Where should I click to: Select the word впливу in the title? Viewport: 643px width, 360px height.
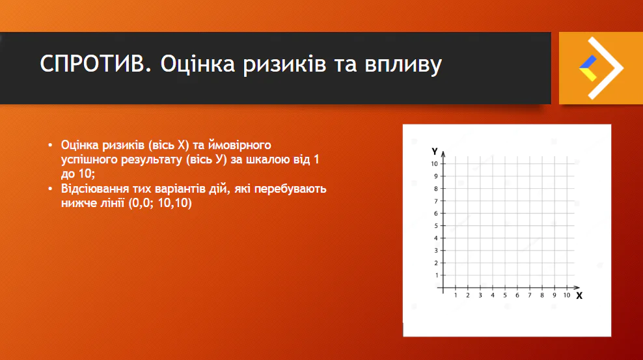click(400, 65)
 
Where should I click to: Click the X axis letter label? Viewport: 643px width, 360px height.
click(579, 296)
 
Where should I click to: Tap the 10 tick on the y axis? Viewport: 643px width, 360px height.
click(433, 163)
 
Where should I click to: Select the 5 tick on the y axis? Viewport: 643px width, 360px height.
click(435, 225)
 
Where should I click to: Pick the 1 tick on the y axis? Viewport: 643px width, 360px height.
click(435, 275)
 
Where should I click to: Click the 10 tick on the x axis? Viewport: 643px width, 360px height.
click(567, 296)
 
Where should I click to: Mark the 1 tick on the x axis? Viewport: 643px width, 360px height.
click(455, 296)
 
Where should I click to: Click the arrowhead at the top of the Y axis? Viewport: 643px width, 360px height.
click(443, 154)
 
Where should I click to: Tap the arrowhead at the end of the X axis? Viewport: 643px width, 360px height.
click(577, 287)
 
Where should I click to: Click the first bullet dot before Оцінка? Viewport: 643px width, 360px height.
click(51, 145)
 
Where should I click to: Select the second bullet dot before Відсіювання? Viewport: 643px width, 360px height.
click(51, 189)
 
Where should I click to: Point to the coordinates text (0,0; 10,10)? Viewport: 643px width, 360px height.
click(160, 203)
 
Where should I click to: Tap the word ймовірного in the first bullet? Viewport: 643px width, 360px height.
click(242, 145)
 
